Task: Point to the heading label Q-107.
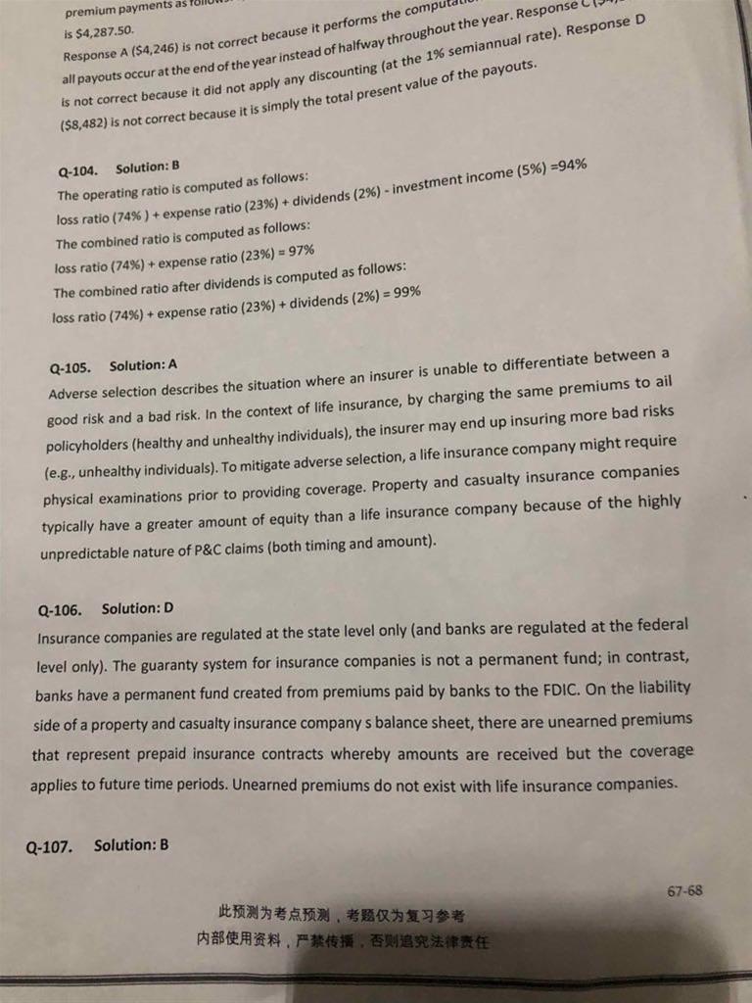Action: (49, 846)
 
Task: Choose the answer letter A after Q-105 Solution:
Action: (172, 364)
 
